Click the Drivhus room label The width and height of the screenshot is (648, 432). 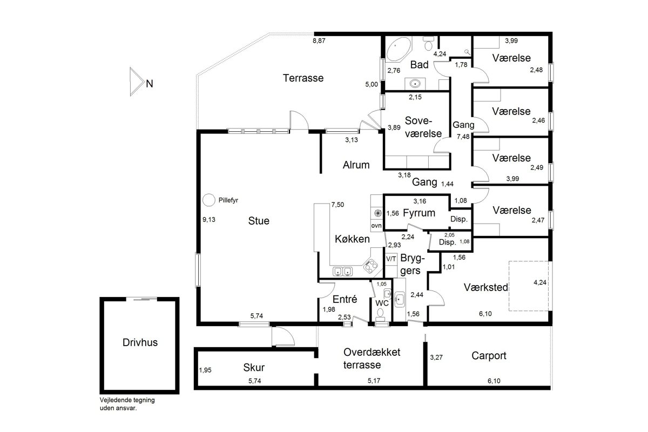(140, 342)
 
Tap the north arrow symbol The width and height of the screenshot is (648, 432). (136, 82)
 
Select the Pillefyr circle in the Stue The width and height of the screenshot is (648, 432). (208, 200)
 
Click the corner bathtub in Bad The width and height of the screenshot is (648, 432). (399, 49)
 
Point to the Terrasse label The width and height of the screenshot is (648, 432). (303, 78)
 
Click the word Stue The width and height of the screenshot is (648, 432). (259, 221)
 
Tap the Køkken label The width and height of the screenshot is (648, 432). (352, 239)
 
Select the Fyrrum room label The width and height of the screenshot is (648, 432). (419, 213)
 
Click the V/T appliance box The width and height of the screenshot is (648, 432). (391, 259)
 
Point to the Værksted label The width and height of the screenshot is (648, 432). (485, 287)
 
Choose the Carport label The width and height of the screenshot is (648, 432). (489, 356)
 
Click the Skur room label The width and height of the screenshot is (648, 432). (254, 368)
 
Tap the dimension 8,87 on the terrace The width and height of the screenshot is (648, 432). (319, 41)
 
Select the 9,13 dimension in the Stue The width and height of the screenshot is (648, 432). (209, 220)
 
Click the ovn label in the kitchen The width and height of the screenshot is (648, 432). (376, 226)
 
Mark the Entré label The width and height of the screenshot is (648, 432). (345, 299)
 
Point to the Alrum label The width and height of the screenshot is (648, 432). (356, 165)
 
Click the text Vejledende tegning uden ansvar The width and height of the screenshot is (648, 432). (127, 404)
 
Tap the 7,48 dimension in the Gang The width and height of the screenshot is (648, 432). (463, 137)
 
